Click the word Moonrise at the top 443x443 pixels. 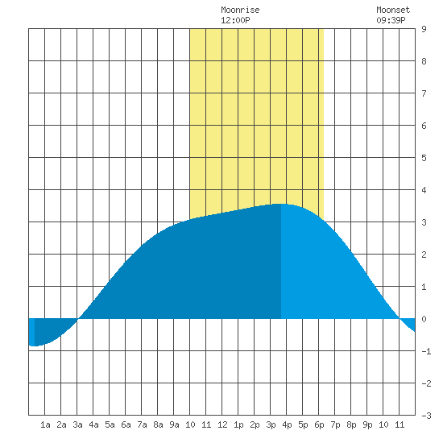[240, 10]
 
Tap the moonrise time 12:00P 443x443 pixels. [235, 20]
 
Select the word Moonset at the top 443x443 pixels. [393, 10]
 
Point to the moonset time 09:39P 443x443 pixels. [391, 20]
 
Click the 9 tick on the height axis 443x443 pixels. [424, 29]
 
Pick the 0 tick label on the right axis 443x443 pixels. [424, 319]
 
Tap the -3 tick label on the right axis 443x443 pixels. [426, 416]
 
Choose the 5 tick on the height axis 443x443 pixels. [424, 158]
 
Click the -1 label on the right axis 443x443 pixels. [426, 351]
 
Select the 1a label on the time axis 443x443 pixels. [45, 424]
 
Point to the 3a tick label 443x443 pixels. [77, 424]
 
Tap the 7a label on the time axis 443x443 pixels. [142, 424]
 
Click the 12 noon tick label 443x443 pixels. [222, 424]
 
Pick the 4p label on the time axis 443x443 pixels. [287, 424]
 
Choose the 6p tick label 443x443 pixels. [319, 424]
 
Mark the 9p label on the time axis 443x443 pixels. [367, 424]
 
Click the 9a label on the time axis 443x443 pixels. [174, 424]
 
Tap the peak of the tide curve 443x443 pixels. [281, 204]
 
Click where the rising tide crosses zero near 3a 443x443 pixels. [78, 319]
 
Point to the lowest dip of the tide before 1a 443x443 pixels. [34, 346]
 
